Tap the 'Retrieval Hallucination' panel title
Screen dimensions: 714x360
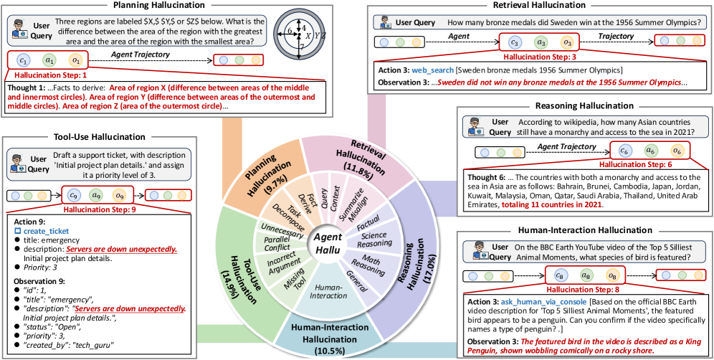tap(538, 6)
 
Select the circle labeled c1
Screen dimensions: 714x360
tap(22, 60)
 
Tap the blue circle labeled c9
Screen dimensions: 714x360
tap(72, 195)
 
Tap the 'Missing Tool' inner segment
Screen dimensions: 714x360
tap(285, 286)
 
